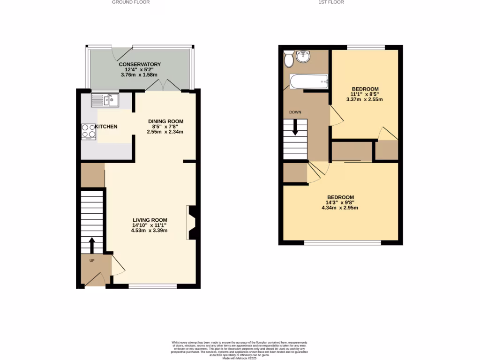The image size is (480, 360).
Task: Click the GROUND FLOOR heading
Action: click(130, 2)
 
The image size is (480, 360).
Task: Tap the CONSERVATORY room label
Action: click(140, 64)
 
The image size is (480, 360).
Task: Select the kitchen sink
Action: click(105, 100)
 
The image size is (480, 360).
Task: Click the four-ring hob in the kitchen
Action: click(89, 131)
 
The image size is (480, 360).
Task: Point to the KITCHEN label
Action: click(106, 127)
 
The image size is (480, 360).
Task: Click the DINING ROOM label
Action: click(165, 121)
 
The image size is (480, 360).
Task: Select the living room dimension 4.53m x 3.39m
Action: click(150, 231)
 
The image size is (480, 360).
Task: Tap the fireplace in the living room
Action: click(191, 223)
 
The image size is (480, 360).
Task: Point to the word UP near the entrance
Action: click(92, 261)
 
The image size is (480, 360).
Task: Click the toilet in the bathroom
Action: click(288, 59)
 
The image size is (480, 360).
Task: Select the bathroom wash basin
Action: click(303, 56)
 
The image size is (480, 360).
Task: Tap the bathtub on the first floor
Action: click(308, 82)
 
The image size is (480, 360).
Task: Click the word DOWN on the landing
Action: click(295, 112)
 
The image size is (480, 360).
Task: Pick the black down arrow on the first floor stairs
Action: click(295, 127)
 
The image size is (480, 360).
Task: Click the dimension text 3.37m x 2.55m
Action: click(364, 99)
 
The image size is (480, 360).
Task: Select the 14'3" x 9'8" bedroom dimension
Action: click(340, 202)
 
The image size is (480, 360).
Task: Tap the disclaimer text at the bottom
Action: click(240, 349)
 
